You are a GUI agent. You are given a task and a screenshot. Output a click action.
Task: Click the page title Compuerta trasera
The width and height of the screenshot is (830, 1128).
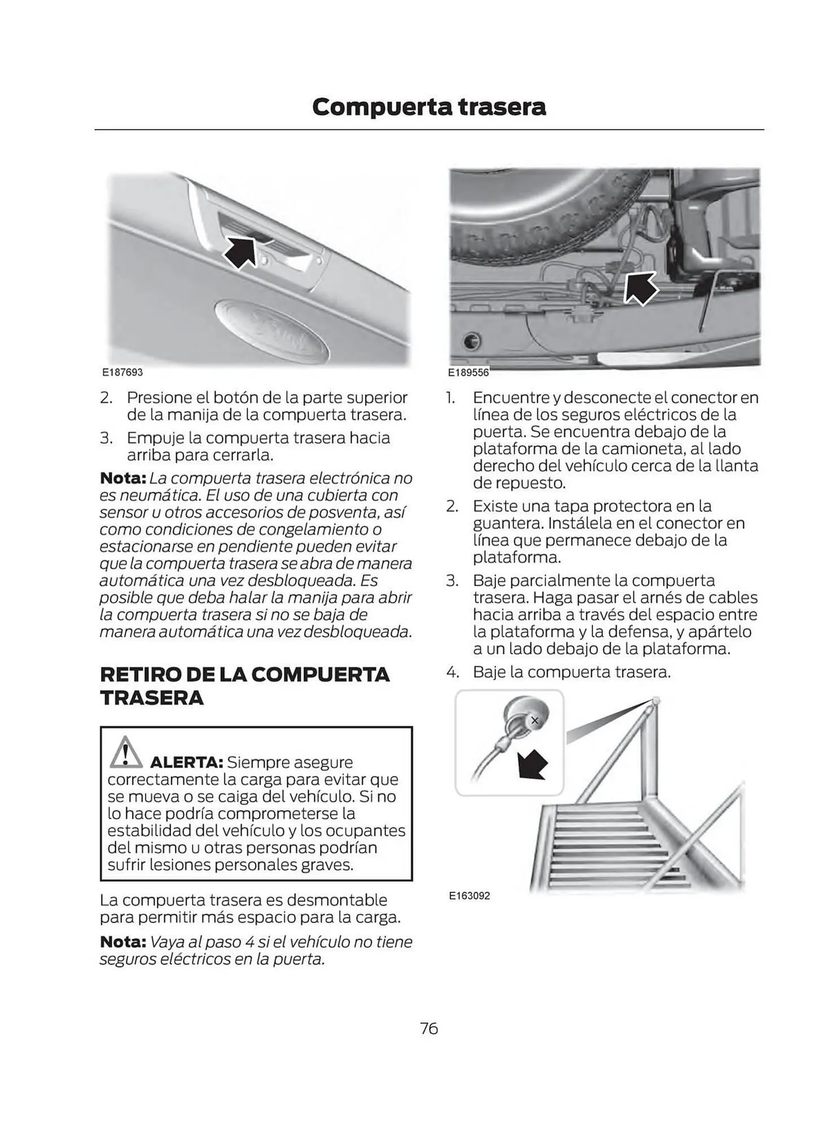429,107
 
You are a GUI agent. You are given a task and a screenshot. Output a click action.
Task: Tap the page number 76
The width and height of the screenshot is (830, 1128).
429,1028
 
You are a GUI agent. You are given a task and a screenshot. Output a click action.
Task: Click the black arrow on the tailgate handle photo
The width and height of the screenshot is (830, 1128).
240,253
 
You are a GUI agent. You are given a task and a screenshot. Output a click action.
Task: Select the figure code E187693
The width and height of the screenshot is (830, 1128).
122,372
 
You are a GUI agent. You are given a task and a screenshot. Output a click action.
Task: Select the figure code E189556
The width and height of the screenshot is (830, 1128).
468,372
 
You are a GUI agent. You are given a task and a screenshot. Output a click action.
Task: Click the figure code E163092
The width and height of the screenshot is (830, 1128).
469,895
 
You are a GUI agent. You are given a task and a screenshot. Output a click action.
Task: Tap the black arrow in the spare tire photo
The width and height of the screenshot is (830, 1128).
640,289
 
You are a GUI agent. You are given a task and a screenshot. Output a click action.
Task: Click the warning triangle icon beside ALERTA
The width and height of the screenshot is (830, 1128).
125,752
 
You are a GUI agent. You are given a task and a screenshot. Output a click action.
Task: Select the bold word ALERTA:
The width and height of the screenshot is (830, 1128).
187,763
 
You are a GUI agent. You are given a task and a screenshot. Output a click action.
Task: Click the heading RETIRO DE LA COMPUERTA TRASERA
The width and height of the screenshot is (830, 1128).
244,686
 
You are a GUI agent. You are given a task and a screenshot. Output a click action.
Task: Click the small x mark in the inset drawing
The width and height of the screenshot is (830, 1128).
535,720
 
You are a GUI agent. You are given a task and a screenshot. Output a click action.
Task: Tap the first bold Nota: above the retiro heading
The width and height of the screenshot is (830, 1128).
123,478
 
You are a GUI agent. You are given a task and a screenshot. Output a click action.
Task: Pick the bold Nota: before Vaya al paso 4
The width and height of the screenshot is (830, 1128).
123,941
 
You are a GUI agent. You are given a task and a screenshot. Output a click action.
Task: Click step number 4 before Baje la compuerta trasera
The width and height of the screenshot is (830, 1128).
453,672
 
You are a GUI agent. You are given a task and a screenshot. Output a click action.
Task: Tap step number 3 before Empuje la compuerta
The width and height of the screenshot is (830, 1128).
106,438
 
